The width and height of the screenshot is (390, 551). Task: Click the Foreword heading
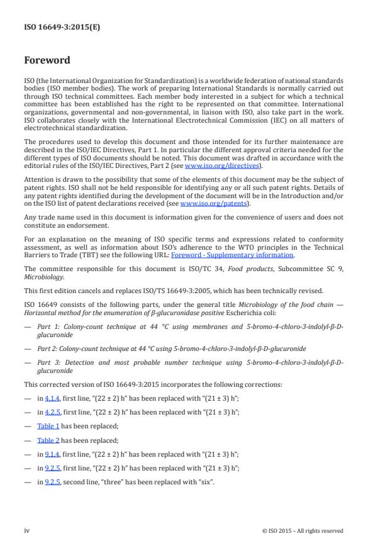[47, 60]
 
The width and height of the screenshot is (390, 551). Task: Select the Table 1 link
[48, 425]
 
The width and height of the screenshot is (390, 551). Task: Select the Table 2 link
[48, 440]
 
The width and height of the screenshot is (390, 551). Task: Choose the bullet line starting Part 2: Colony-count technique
[172, 348]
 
